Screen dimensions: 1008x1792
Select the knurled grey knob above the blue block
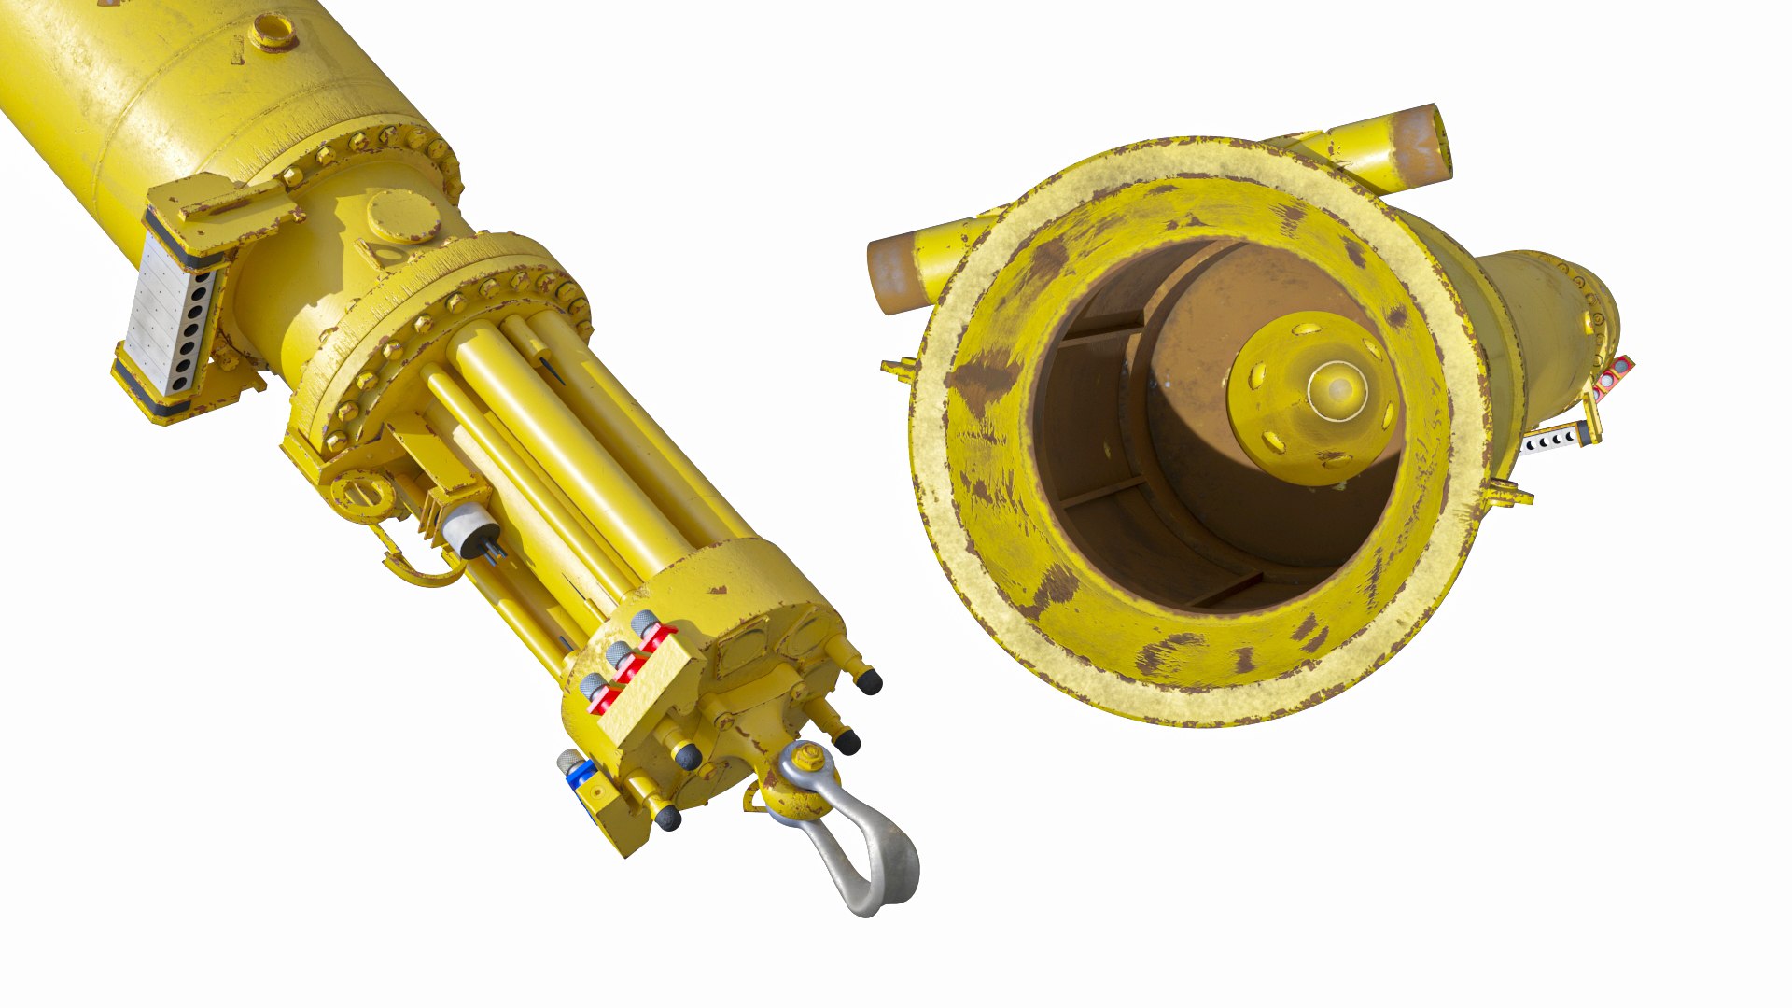(x=568, y=760)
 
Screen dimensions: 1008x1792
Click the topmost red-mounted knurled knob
(x=644, y=623)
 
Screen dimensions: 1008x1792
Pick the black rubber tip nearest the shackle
(x=847, y=742)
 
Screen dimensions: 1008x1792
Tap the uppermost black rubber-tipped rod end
(x=870, y=682)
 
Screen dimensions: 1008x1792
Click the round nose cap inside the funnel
(x=1337, y=391)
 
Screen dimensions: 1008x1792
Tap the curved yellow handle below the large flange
(x=411, y=565)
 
